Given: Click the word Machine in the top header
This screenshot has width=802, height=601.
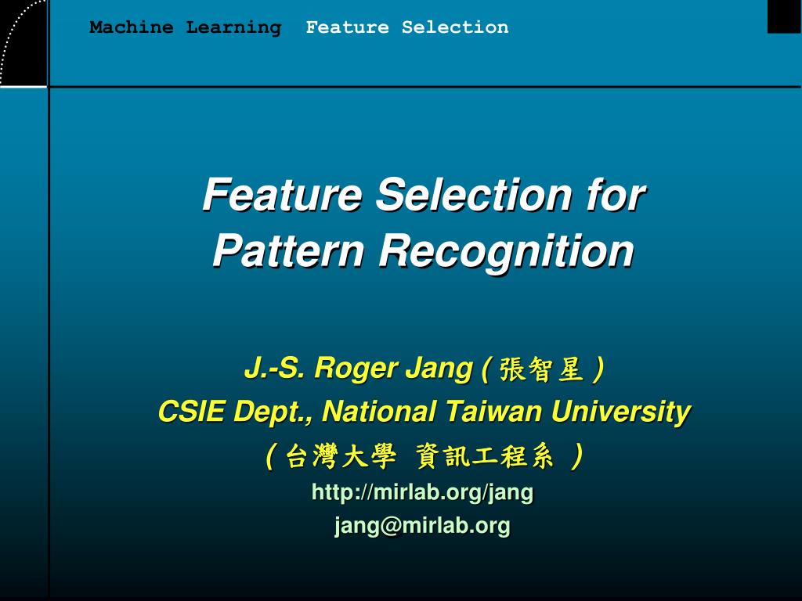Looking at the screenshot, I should [x=131, y=27].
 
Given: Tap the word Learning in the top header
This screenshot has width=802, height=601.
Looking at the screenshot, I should [x=233, y=27].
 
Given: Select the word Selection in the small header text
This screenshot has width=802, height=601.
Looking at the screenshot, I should [x=455, y=27].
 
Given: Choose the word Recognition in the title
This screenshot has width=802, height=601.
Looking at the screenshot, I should [x=507, y=251].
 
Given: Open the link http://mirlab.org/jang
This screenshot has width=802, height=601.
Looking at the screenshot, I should [x=422, y=492].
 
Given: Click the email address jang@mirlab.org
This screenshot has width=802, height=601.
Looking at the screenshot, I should [x=422, y=526].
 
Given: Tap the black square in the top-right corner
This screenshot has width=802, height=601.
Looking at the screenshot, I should [x=784, y=16].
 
